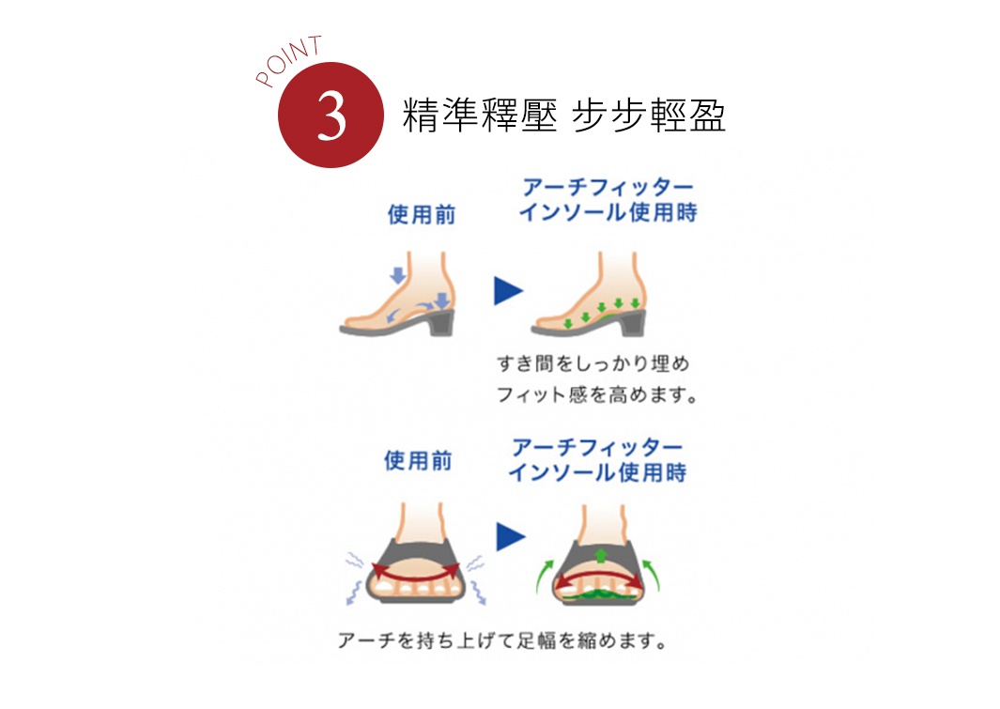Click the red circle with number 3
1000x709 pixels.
click(x=331, y=116)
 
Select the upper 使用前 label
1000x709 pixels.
click(x=422, y=215)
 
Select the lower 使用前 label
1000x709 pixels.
click(x=418, y=461)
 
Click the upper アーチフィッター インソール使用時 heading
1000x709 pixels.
click(x=608, y=199)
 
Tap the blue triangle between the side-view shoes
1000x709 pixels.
click(x=508, y=292)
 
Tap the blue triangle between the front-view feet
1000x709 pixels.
click(x=510, y=537)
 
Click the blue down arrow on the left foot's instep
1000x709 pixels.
click(x=398, y=275)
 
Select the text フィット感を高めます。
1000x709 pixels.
click(x=597, y=395)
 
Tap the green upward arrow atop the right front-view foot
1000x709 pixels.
click(x=601, y=550)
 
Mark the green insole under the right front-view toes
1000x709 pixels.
click(x=601, y=594)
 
